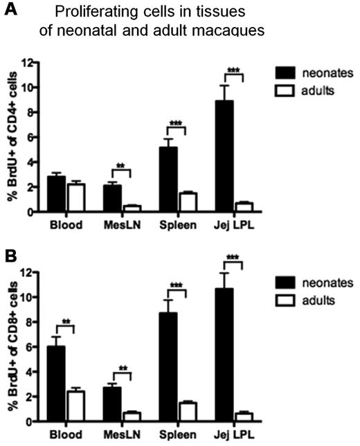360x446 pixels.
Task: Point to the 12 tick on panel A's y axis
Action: (41, 62)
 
